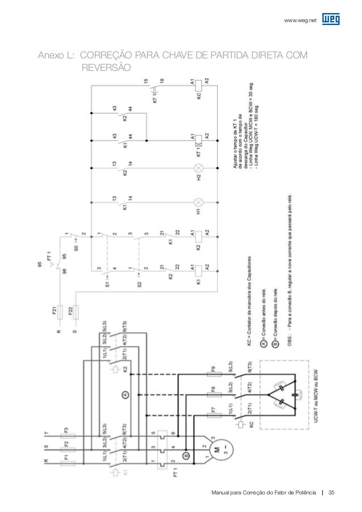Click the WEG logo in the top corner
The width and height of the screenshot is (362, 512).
point(331,20)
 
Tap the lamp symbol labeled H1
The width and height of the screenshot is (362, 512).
point(199,202)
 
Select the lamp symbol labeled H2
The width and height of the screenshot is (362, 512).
point(199,168)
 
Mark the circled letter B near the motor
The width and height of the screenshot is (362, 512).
point(184,455)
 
